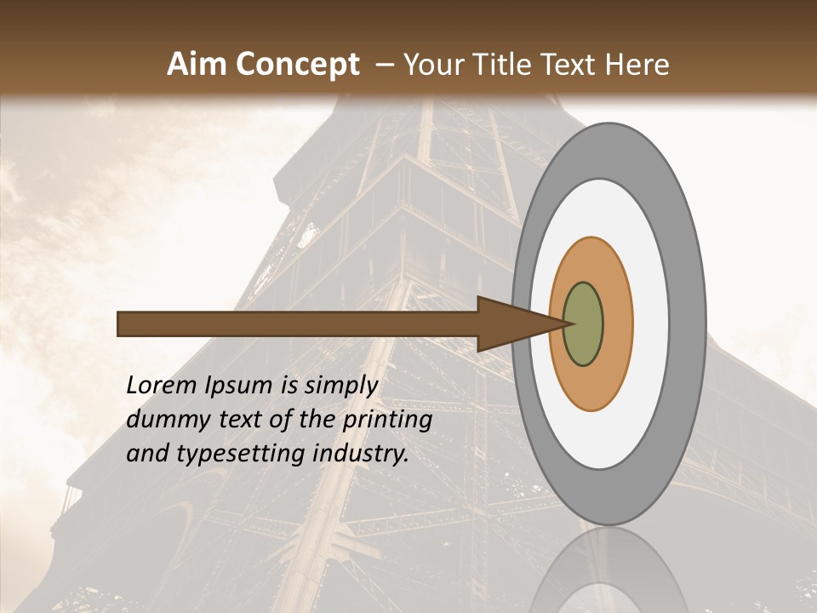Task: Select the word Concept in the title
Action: [x=297, y=64]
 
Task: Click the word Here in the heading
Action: [x=639, y=64]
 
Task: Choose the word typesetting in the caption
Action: [x=226, y=455]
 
